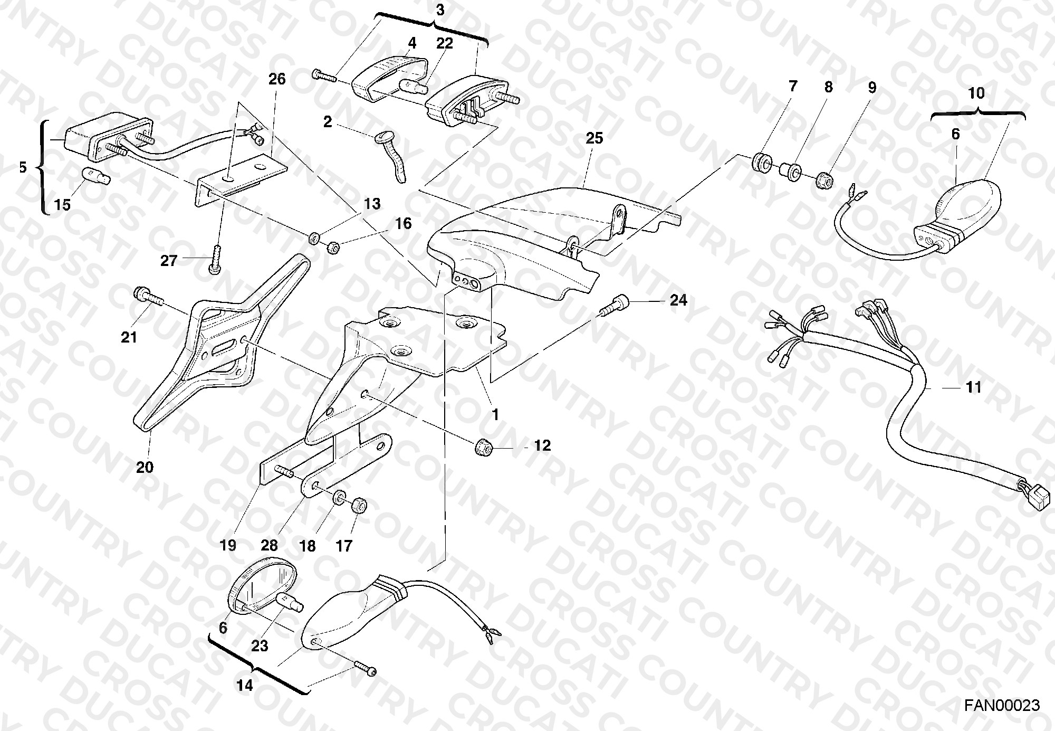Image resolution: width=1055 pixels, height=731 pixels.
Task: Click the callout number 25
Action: (x=594, y=138)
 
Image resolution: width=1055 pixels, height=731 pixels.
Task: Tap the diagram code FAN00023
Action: (x=1003, y=705)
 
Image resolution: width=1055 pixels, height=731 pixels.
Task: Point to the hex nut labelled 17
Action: (x=358, y=505)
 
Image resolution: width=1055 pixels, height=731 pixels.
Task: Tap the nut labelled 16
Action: (x=332, y=247)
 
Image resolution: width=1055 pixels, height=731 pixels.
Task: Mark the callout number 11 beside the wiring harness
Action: (x=973, y=387)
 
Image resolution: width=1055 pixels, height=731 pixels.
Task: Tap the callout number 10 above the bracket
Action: (x=976, y=93)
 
